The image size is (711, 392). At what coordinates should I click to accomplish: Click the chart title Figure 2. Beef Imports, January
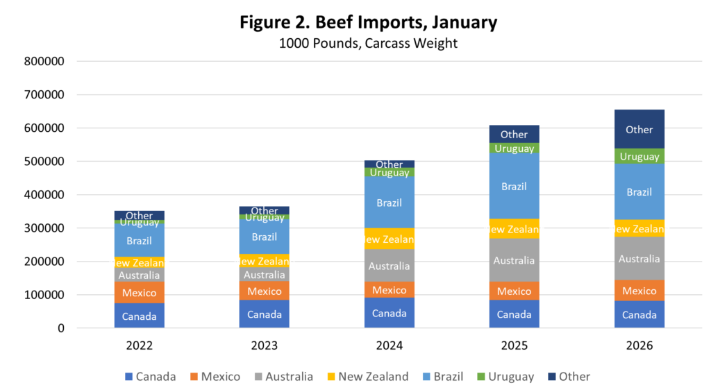[x=368, y=22]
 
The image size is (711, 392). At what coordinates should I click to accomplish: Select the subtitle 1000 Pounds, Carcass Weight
[x=368, y=43]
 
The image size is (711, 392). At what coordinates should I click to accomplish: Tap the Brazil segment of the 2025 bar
[x=515, y=186]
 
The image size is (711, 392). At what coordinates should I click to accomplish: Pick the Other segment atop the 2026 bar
[x=639, y=129]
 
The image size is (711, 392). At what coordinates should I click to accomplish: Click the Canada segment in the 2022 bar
[x=140, y=316]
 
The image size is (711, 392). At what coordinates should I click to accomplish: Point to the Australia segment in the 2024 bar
[x=390, y=266]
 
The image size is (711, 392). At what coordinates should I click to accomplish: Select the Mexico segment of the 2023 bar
[x=265, y=291]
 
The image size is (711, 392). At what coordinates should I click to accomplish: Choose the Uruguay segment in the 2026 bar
[x=639, y=156]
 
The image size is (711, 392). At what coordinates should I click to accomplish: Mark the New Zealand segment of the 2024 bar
[x=390, y=239]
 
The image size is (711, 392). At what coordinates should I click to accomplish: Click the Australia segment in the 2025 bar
[x=515, y=260]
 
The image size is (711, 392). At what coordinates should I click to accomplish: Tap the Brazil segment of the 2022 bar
[x=140, y=241]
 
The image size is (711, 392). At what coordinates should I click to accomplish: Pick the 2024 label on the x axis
[x=390, y=346]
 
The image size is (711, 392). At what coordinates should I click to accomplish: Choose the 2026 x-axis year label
[x=639, y=346]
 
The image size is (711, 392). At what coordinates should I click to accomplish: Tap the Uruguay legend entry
[x=505, y=377]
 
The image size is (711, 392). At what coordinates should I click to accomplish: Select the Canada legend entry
[x=150, y=377]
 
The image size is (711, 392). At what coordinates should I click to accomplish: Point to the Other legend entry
[x=568, y=377]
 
